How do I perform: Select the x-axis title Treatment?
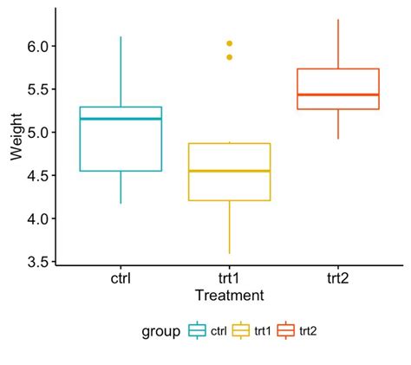click(x=229, y=296)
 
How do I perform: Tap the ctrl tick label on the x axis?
click(x=121, y=279)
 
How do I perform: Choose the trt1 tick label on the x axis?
click(x=229, y=279)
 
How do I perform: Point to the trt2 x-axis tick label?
click(x=338, y=279)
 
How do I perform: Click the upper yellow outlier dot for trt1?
click(x=230, y=43)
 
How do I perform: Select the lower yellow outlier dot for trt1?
click(x=230, y=57)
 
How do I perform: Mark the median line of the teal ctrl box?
click(x=121, y=119)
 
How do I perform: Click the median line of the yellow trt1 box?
click(x=229, y=171)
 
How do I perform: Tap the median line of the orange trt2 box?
click(x=338, y=95)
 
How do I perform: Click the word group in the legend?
click(x=162, y=330)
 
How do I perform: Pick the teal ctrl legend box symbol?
click(x=197, y=330)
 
